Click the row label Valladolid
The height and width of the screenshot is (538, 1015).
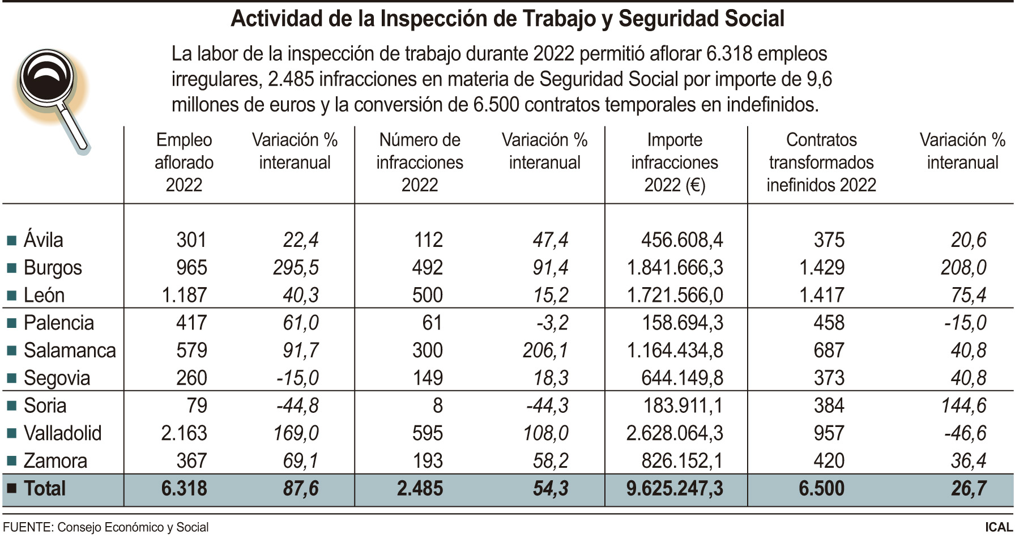coord(62,433)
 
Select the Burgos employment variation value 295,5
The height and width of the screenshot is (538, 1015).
coord(296,267)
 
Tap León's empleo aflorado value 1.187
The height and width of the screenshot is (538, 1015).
coord(184,295)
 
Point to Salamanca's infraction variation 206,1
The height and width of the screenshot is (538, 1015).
coord(545,351)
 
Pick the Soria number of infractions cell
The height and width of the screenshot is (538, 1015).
coord(437,405)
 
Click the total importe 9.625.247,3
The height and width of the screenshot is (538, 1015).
coord(675,489)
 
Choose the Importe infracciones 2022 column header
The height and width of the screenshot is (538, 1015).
coord(675,163)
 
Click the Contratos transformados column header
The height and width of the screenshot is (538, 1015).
coord(821,163)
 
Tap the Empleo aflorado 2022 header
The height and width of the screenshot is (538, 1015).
coord(184,163)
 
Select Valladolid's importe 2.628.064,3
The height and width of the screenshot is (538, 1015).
coord(675,433)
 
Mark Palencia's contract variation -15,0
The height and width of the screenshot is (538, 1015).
coord(965,323)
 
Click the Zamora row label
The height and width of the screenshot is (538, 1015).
coord(56,461)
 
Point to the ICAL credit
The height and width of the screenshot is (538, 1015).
coord(999,527)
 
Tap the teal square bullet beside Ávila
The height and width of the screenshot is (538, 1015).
coord(11,241)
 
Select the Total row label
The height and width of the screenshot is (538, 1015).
coord(44,489)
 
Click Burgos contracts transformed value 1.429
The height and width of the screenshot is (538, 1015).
coord(821,267)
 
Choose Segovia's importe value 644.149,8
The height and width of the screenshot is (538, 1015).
coord(682,378)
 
